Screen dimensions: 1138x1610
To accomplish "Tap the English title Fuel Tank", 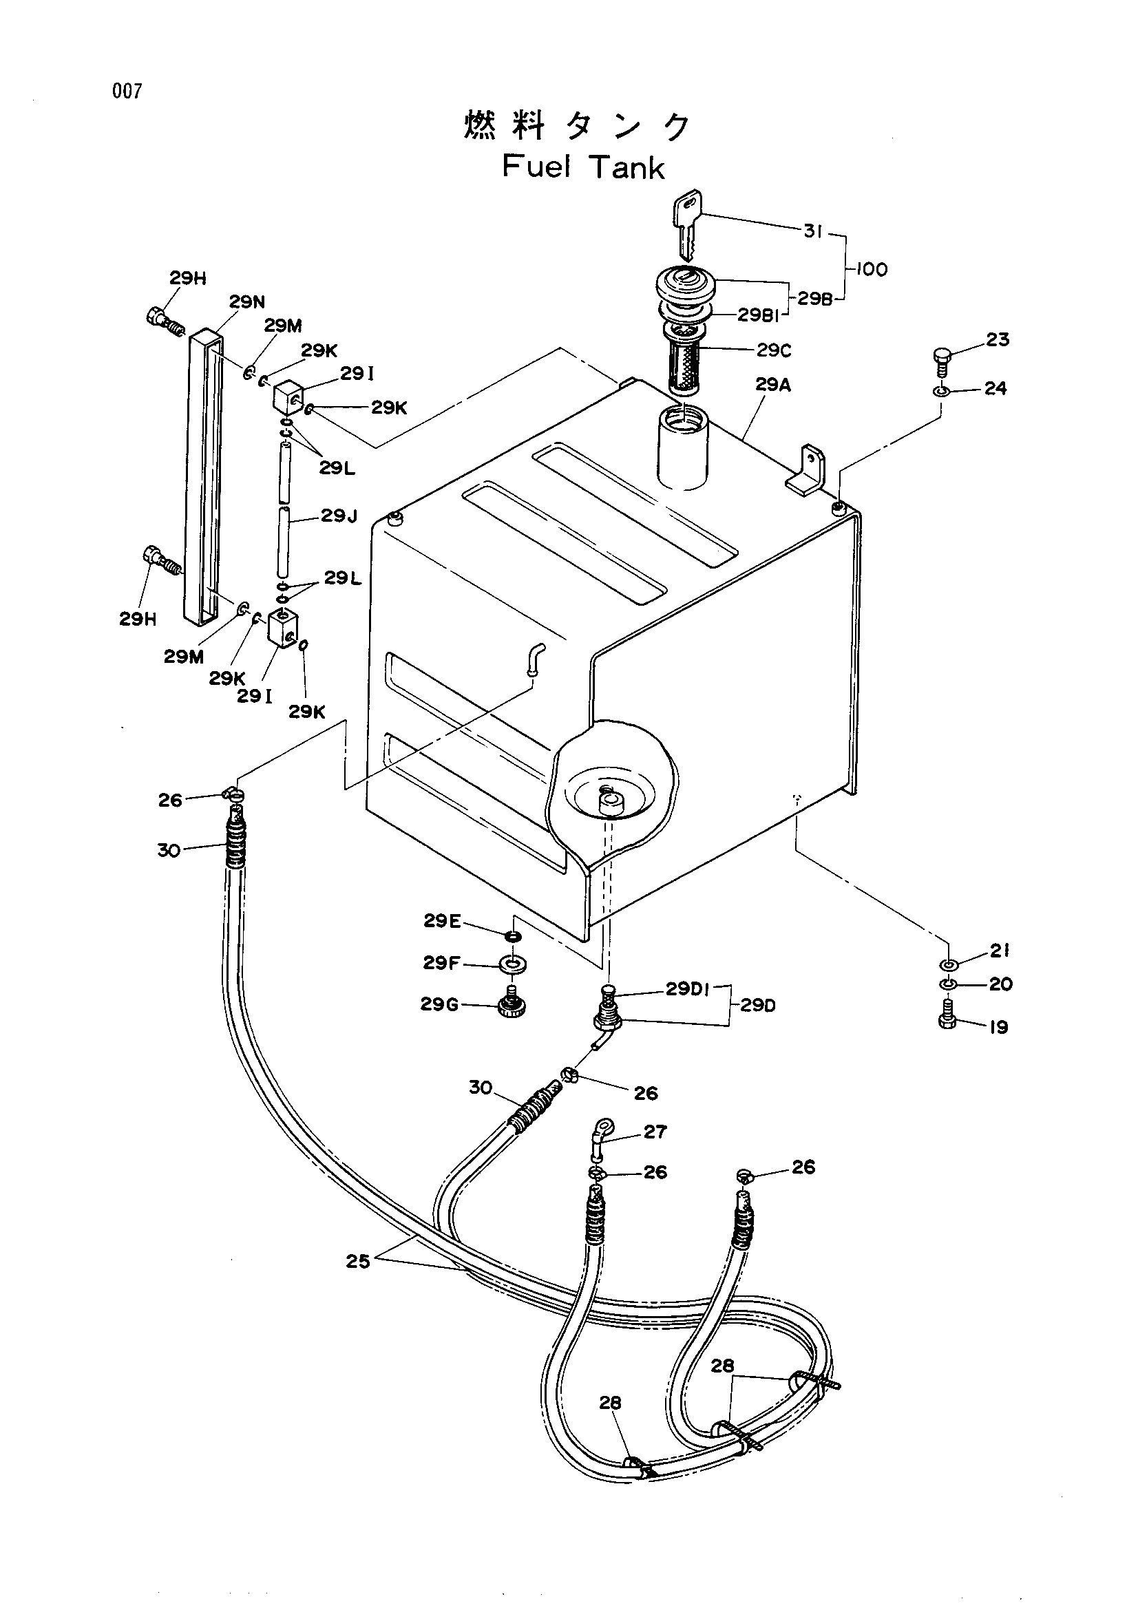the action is pos(583,167).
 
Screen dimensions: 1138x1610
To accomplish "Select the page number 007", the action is pos(127,91).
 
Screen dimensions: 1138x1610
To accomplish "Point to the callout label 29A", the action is pos(773,384).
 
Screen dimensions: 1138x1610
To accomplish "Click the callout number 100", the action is pos(872,269).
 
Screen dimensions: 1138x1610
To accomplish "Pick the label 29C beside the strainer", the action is pos(773,350).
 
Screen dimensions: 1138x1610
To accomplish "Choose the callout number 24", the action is pos(995,388).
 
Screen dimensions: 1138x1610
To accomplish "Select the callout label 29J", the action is pos(339,516).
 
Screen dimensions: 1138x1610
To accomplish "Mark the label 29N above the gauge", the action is pos(247,302).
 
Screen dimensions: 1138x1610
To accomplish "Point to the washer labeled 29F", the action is pos(515,964).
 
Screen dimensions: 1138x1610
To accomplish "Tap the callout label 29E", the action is pos(442,921).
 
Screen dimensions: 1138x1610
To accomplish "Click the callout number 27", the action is pos(655,1132).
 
